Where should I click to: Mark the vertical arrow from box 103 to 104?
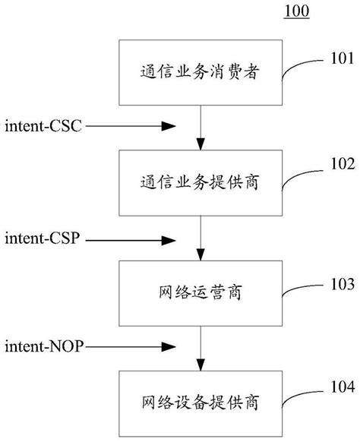(201, 349)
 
